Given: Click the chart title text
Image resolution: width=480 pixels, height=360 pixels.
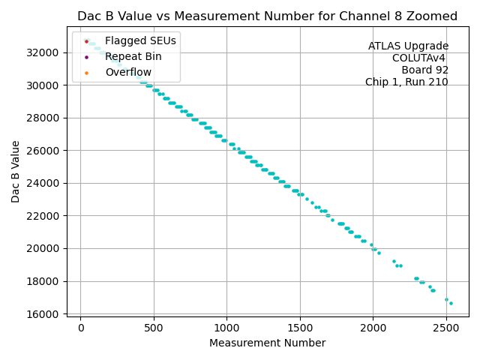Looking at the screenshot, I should pyautogui.click(x=267, y=16).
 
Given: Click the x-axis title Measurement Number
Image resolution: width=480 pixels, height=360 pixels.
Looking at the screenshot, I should pyautogui.click(x=267, y=343).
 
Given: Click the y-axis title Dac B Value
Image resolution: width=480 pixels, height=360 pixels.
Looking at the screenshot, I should pyautogui.click(x=16, y=172).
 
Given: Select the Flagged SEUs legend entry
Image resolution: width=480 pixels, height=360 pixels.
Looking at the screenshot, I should pyautogui.click(x=131, y=40).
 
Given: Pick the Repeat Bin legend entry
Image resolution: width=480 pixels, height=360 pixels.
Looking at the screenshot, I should pyautogui.click(x=133, y=56).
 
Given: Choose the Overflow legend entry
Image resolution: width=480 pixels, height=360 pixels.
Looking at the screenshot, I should pyautogui.click(x=128, y=72).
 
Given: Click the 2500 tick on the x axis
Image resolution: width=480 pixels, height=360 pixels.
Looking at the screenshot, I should pyautogui.click(x=446, y=327).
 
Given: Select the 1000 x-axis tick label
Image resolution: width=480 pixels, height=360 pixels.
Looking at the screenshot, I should pyautogui.click(x=226, y=327).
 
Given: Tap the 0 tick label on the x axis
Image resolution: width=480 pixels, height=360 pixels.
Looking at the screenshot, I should pyautogui.click(x=81, y=327).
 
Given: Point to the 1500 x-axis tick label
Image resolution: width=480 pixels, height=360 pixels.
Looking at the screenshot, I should pyautogui.click(x=300, y=327).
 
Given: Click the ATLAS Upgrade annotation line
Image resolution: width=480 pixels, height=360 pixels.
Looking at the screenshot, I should pyautogui.click(x=408, y=46).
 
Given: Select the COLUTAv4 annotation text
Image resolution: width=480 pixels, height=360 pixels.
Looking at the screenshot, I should pyautogui.click(x=420, y=58).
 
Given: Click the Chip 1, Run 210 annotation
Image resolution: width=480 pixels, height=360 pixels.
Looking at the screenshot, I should pyautogui.click(x=406, y=82).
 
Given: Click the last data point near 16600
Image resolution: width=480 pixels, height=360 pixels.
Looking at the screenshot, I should pyautogui.click(x=451, y=303).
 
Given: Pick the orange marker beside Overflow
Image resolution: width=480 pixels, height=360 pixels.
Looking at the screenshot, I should pyautogui.click(x=86, y=72).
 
